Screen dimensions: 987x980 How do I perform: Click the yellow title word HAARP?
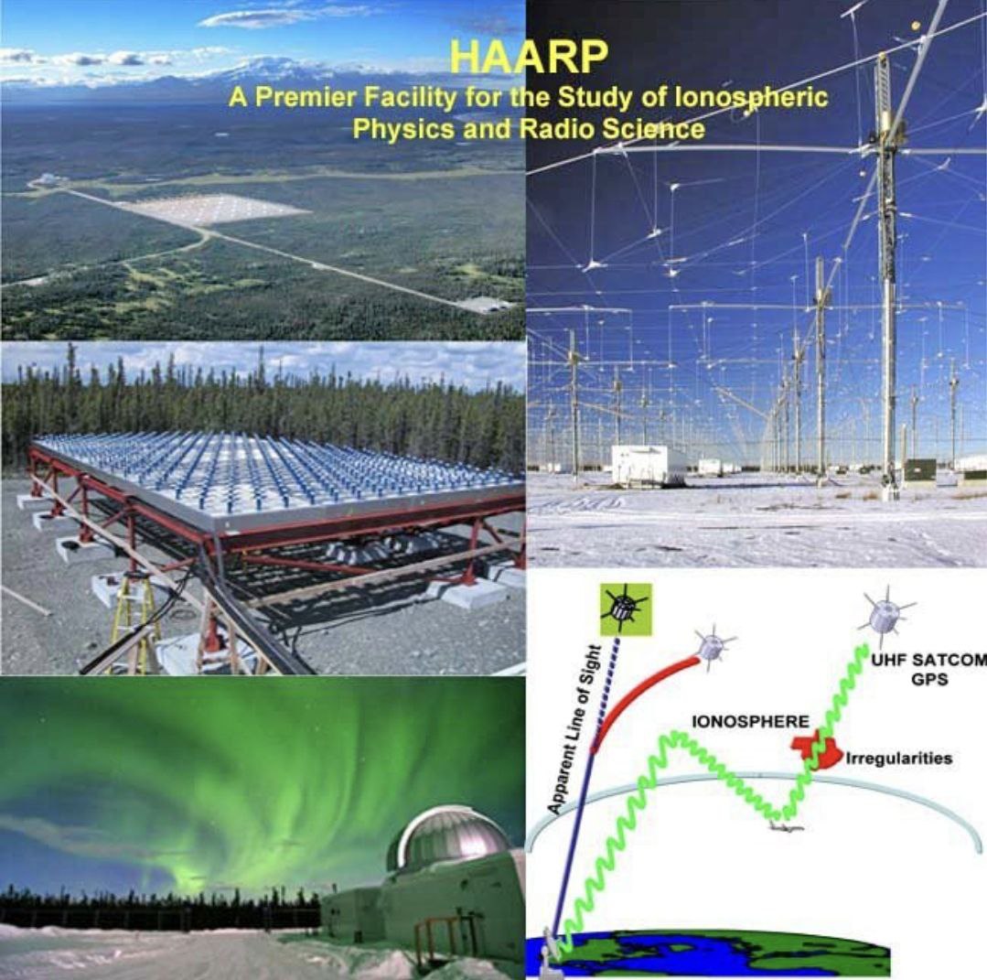tap(530, 58)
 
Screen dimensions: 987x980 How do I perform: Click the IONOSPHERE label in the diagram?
tap(750, 722)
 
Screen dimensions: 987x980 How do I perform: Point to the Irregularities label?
tap(899, 758)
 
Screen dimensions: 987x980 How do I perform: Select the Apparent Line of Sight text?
tap(574, 728)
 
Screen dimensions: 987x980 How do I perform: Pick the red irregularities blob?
tap(817, 749)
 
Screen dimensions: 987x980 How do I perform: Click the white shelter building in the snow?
tap(649, 465)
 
